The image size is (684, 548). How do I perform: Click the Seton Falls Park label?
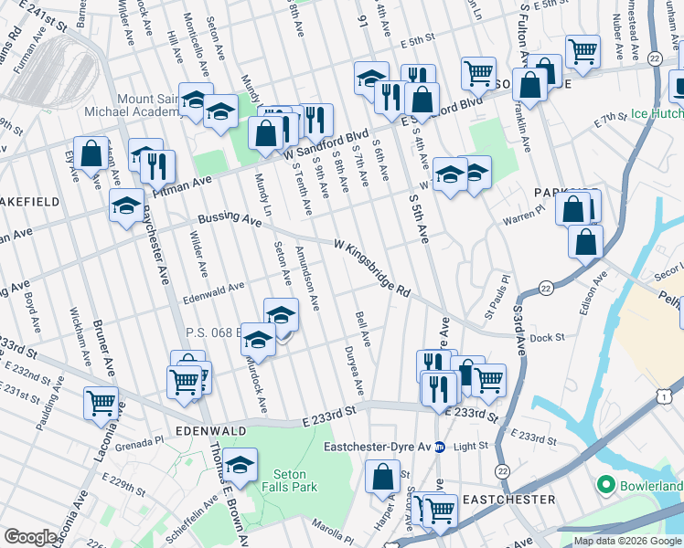click(x=294, y=480)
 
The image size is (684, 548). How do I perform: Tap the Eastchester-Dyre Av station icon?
click(x=439, y=447)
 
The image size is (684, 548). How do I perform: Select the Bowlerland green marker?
click(x=604, y=483)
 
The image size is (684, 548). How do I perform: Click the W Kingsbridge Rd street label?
click(x=371, y=267)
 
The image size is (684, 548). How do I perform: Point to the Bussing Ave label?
click(x=230, y=220)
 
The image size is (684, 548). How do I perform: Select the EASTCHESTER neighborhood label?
click(x=508, y=500)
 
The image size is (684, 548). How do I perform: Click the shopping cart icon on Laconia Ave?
click(x=101, y=402)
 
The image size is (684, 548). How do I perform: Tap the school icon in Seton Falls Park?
click(x=240, y=467)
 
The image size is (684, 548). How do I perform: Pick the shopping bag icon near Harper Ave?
click(x=383, y=476)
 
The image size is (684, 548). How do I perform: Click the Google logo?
click(x=30, y=537)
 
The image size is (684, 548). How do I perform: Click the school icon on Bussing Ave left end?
click(x=126, y=205)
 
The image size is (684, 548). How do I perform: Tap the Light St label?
click(x=472, y=447)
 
